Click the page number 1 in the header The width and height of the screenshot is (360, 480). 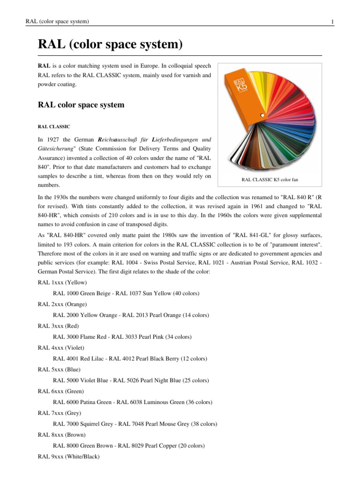[x=332, y=22]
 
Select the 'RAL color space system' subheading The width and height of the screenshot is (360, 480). [x=81, y=105]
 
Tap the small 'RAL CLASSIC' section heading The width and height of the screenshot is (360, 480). [x=54, y=127]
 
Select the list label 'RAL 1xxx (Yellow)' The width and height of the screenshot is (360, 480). [x=62, y=283]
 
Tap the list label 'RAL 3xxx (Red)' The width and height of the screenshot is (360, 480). [x=58, y=326]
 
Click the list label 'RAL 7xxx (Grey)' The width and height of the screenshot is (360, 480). [x=60, y=413]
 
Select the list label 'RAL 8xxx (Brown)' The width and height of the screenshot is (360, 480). [x=61, y=435]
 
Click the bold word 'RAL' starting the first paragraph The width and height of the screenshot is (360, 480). [x=44, y=66]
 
